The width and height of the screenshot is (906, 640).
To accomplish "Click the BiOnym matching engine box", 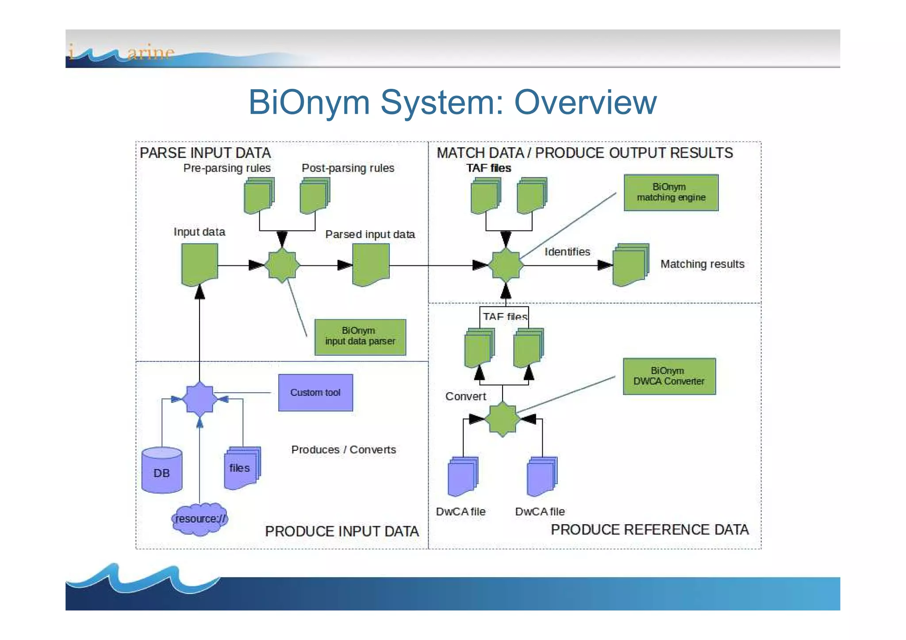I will coord(671,192).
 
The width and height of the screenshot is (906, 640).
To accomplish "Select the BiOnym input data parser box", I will coord(360,337).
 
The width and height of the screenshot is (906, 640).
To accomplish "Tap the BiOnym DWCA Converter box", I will coord(669,376).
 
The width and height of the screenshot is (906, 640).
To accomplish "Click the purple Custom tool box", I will coord(315,392).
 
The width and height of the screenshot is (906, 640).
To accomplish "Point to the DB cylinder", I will coord(161,471).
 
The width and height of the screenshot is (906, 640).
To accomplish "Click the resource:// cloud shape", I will coord(200,519).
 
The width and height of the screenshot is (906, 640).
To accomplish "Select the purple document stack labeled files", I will coord(242,468).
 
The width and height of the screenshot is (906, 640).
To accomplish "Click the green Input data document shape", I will coord(200,264).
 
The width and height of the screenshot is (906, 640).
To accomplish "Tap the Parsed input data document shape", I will coord(371,264).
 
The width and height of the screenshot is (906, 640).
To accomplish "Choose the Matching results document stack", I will coord(630,265).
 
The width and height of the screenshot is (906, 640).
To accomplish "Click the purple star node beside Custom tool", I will coord(200,399).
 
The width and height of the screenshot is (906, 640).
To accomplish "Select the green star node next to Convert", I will coord(502,419).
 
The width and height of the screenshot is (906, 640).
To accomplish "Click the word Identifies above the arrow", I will coord(567,252).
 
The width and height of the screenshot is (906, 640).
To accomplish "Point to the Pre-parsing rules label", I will coord(226,168).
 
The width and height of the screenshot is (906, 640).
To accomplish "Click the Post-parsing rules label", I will coord(348,168).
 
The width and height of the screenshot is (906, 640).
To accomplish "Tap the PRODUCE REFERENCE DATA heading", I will coord(649,529).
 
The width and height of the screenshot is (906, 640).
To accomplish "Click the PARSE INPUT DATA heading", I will coord(205,153).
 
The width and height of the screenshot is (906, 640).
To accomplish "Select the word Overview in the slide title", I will coord(585,102).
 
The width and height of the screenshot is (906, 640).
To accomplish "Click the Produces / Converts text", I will coord(343,449).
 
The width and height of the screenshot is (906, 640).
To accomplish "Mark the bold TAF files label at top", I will coord(488,168).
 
